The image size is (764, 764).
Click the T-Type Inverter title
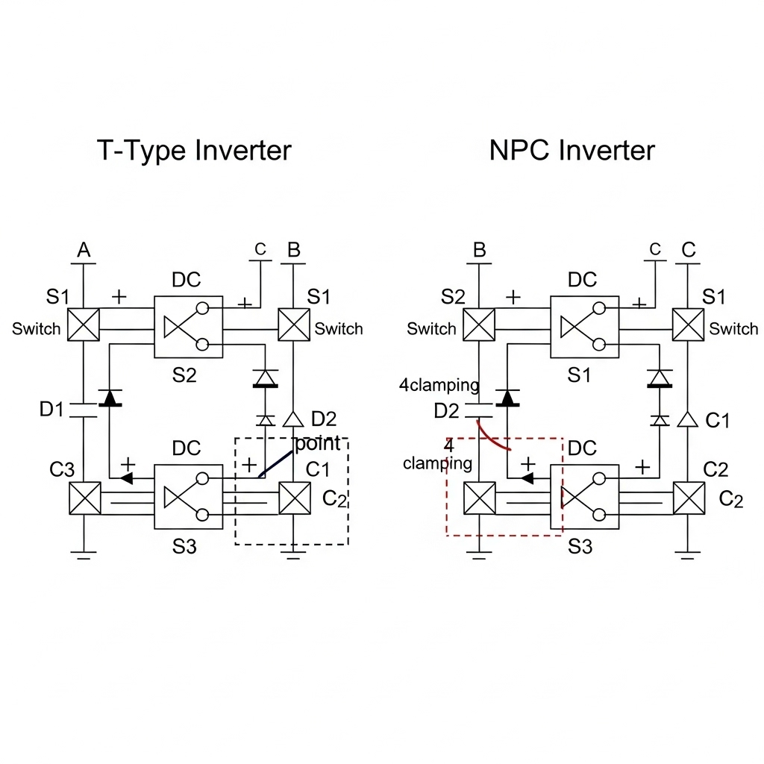point(194,151)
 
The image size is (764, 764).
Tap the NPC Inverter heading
point(572,151)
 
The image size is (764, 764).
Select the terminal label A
point(84,251)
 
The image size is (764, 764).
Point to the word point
point(318,443)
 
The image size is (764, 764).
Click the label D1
point(51,410)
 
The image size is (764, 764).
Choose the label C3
point(62,470)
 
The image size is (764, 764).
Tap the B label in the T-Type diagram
point(294,251)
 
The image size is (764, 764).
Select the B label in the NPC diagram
point(480,251)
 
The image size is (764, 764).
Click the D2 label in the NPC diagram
point(447,411)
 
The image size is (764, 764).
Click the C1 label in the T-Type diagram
point(318,470)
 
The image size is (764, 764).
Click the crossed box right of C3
point(84,498)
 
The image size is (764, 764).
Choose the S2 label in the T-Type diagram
point(184,375)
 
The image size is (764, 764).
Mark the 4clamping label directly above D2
point(439,386)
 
